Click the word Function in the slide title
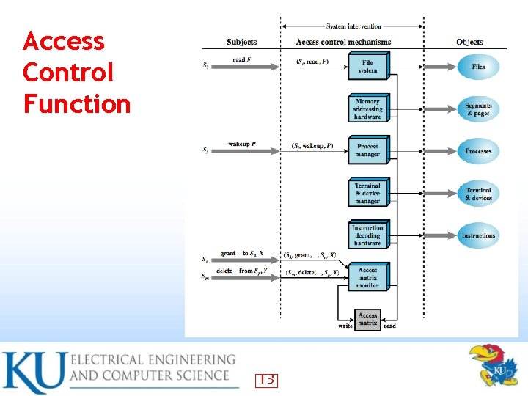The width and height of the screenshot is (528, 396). [x=77, y=103]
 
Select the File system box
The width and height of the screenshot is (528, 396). [x=367, y=67]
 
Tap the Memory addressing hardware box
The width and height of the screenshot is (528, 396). [x=367, y=109]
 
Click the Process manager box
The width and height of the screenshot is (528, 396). [x=367, y=150]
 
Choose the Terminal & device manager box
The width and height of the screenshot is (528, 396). [x=367, y=194]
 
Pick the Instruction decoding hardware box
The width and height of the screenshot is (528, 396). [x=367, y=235]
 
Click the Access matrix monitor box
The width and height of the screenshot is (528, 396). [x=367, y=277]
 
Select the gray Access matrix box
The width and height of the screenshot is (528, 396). [x=367, y=319]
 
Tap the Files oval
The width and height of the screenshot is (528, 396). [x=478, y=67]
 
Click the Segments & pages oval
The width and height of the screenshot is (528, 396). [x=478, y=109]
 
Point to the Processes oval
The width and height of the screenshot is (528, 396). [x=478, y=151]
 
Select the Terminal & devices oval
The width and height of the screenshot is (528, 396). [x=478, y=194]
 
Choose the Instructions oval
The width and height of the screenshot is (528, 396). [x=478, y=235]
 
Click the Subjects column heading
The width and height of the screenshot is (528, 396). [x=242, y=43]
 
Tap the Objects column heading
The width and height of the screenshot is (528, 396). [x=469, y=43]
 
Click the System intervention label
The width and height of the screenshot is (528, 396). [x=353, y=26]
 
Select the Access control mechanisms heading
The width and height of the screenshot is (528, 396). [x=343, y=43]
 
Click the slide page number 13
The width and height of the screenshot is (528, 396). [x=266, y=380]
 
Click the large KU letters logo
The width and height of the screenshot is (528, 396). [x=33, y=373]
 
